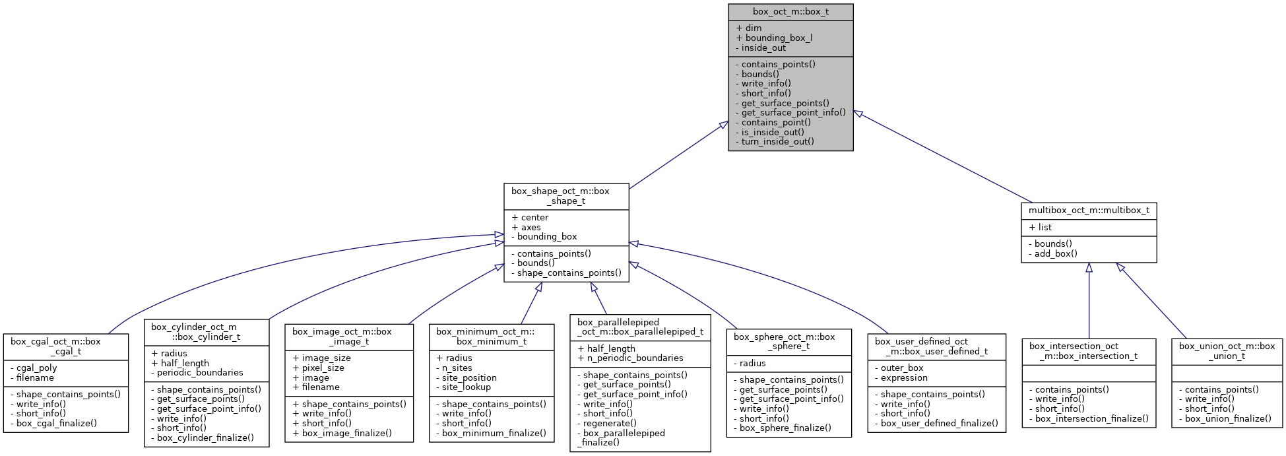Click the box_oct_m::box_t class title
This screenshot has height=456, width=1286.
click(x=790, y=12)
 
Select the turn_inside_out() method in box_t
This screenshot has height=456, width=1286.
click(x=777, y=141)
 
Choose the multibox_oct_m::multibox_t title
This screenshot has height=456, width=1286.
click(x=1089, y=211)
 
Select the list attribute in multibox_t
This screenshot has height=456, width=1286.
click(x=1041, y=227)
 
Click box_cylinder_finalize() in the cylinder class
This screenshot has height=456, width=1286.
click(x=202, y=438)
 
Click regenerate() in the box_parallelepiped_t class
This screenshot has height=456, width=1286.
click(x=606, y=423)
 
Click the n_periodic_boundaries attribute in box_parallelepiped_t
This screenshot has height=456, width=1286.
click(x=630, y=358)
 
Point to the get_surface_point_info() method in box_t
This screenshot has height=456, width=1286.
click(x=790, y=112)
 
